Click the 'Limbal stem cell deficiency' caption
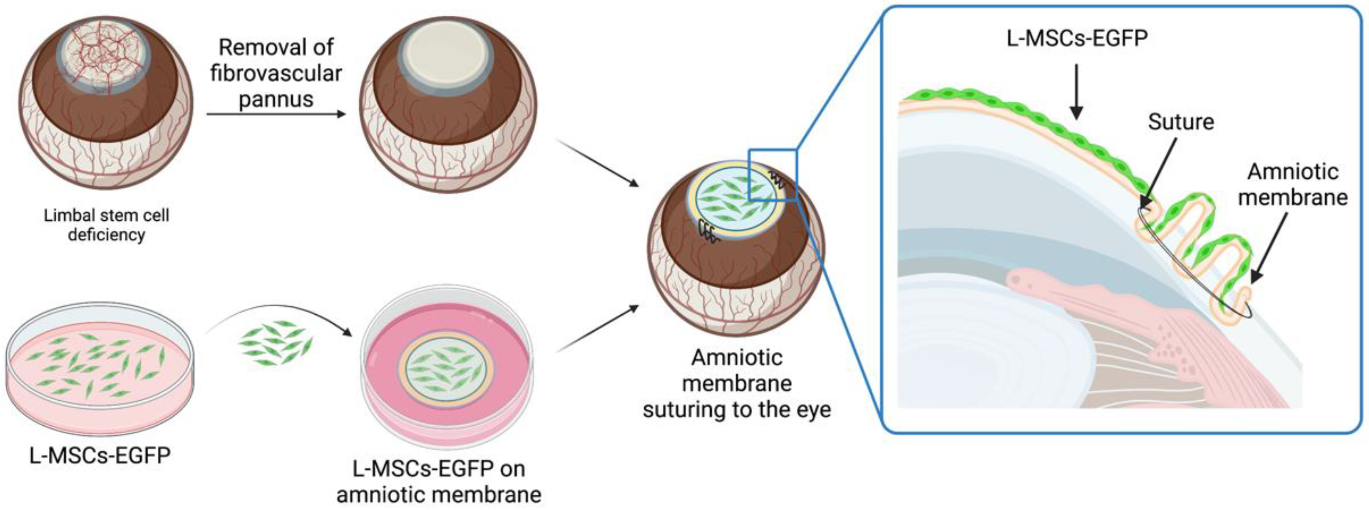(106, 225)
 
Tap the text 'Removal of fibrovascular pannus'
(276, 73)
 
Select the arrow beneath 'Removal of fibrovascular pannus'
(276, 114)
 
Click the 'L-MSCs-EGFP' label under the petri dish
(100, 456)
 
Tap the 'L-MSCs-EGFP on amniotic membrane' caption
(439, 481)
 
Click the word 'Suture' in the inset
(1181, 122)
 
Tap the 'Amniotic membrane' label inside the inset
(1292, 184)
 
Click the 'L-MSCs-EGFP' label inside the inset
(1077, 38)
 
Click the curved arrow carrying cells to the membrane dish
(282, 313)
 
